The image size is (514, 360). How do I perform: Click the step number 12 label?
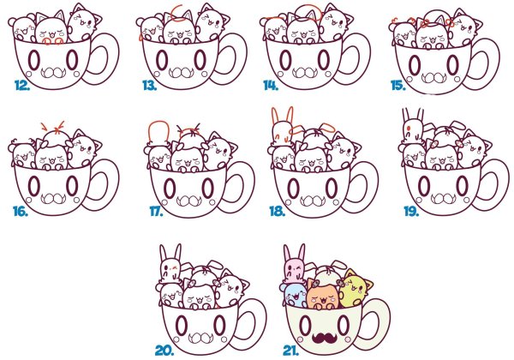coord(22,85)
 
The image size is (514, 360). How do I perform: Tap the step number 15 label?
coord(398,86)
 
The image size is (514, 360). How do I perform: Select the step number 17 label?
coord(157,212)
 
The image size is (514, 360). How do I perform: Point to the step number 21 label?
coord(290,351)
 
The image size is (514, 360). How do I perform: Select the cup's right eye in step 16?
coord(72,186)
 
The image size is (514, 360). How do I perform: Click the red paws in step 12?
coord(53,41)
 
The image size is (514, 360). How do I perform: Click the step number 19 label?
coord(411,212)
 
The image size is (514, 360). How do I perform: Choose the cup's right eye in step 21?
coord(344,325)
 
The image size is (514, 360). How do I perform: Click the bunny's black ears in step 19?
coord(413,117)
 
